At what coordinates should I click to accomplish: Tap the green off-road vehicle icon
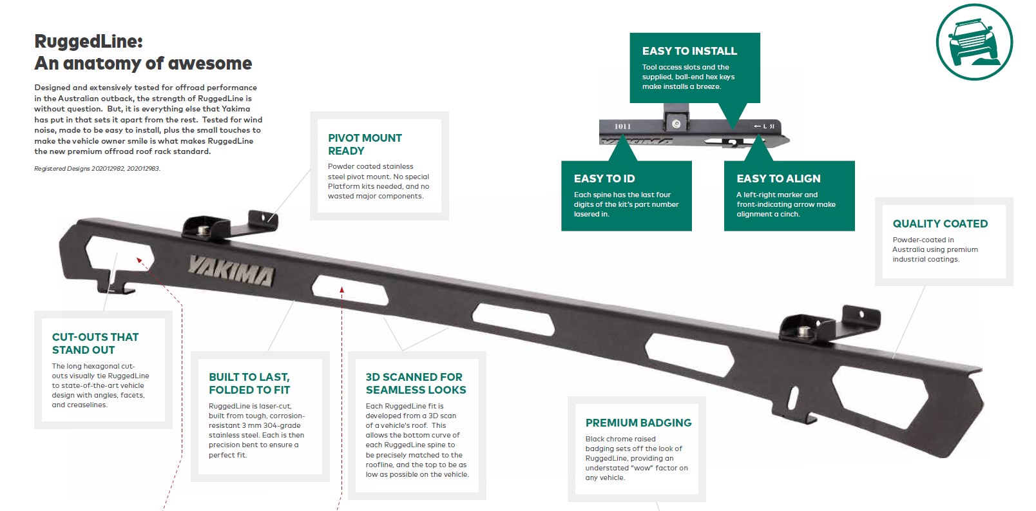(974, 42)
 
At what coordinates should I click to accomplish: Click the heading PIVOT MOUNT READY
(365, 144)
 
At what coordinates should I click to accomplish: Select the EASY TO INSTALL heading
(689, 51)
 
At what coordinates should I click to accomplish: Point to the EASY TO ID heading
(604, 178)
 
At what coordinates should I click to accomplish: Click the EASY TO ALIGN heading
(778, 178)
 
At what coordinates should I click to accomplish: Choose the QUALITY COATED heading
(940, 224)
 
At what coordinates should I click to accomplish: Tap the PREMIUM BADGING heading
(638, 423)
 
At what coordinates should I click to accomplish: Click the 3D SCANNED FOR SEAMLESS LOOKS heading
(416, 383)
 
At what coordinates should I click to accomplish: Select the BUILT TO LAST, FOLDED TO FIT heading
(249, 383)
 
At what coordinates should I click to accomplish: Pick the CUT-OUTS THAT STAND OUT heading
(95, 343)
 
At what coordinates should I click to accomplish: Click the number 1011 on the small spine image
(622, 126)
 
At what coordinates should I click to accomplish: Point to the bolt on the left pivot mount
(204, 229)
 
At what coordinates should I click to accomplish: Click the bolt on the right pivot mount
(804, 331)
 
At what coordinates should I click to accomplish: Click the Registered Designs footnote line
(97, 169)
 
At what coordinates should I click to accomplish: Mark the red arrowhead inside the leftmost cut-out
(140, 261)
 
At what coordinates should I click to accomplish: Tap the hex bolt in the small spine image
(676, 124)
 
